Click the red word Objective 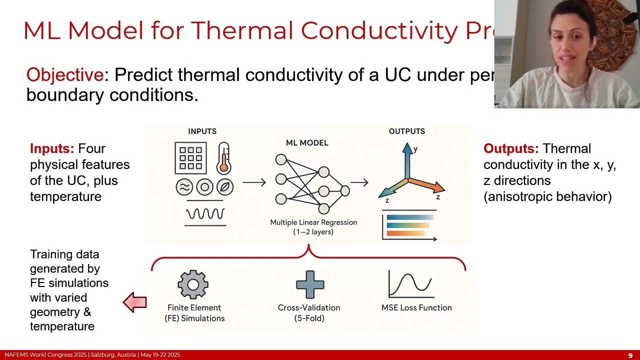64,75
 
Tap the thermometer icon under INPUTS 223,157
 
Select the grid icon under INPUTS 190,158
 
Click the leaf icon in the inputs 225,187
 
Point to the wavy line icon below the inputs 205,214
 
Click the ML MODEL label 307,143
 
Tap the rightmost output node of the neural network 345,190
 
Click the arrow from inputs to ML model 254,182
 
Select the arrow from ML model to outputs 359,183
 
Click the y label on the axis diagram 415,149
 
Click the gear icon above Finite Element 193,284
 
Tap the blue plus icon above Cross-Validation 310,284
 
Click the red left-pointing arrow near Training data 135,302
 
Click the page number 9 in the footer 630,355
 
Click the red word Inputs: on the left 52,149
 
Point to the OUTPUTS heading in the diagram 406,131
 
